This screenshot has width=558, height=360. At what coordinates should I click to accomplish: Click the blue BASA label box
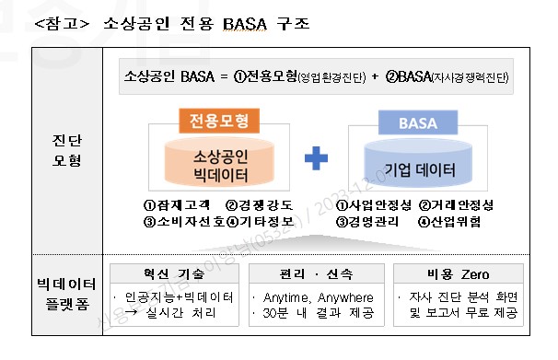click(x=411, y=122)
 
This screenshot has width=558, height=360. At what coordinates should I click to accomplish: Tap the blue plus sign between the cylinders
click(x=316, y=159)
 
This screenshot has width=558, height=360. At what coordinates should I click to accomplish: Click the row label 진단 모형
click(x=67, y=151)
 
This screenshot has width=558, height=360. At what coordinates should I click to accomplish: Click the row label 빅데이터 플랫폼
click(x=67, y=296)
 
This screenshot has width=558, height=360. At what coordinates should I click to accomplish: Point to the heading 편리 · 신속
click(x=316, y=274)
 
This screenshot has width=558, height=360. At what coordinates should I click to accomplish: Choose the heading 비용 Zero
click(x=458, y=274)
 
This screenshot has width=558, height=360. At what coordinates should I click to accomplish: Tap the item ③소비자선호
click(x=182, y=221)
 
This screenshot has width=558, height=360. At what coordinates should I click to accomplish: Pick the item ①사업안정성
click(x=373, y=205)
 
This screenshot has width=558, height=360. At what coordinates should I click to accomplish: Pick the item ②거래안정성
click(x=460, y=205)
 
